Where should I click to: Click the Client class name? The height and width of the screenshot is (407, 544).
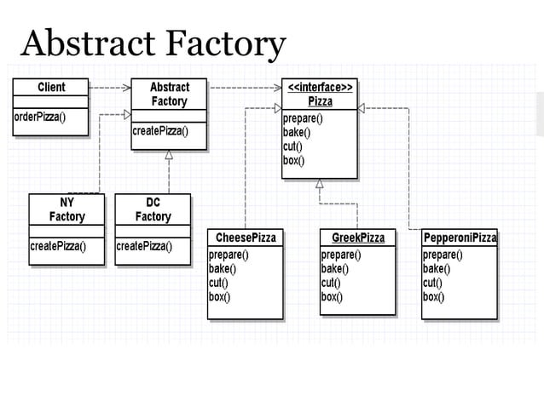pos(51,87)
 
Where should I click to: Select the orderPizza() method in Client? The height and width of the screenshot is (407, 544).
pos(39,117)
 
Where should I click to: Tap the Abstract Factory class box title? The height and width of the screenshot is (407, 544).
pos(169,94)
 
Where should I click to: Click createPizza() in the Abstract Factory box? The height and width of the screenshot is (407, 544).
pos(159,131)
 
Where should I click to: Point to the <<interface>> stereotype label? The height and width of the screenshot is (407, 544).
pos(320,87)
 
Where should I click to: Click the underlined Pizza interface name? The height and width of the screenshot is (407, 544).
pos(320,101)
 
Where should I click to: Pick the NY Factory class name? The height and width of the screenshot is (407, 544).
pos(67,209)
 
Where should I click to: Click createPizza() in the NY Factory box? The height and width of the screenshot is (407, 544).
pos(58,247)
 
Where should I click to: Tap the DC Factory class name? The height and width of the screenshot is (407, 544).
pos(153,209)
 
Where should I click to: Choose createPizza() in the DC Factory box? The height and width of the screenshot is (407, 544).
pos(144,247)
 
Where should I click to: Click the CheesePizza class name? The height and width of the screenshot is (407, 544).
pos(246,238)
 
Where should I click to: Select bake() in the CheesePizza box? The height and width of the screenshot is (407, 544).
pos(223,268)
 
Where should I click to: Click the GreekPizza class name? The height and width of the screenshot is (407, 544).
pos(358,238)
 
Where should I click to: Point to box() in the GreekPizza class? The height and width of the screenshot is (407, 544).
pos(332,296)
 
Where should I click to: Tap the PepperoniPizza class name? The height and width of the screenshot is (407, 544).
pos(460,238)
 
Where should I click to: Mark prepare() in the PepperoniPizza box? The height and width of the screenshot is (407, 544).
pos(443,255)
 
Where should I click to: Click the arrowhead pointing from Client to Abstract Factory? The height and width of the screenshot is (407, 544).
pos(127,87)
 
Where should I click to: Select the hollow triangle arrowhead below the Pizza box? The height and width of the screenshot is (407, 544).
pos(319,183)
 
